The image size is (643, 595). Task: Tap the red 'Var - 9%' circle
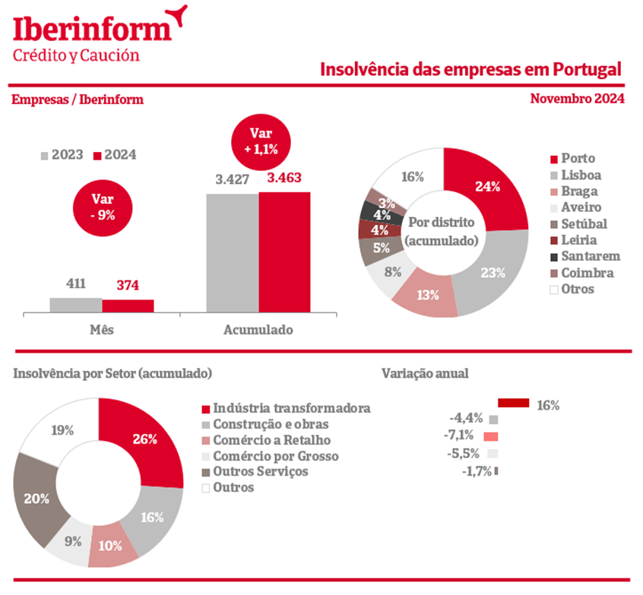point(103,206)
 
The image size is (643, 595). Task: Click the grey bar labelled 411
point(76,305)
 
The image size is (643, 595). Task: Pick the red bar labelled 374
point(128,305)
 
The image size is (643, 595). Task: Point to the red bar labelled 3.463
point(284,252)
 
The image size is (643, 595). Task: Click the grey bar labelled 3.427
point(232,252)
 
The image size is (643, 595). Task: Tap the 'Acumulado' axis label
point(258,331)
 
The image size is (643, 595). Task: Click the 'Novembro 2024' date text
point(577,99)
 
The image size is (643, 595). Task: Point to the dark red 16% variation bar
point(514,404)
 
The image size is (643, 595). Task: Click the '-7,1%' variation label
point(459,436)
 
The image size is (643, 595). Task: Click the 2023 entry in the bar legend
point(62,155)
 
